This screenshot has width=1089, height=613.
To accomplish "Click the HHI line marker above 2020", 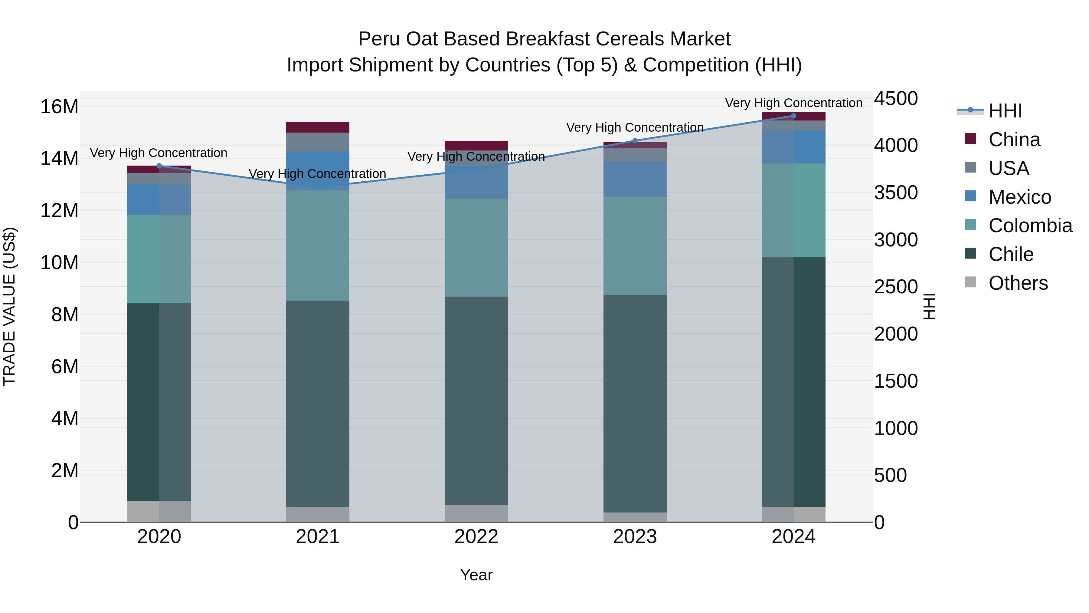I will [159, 166].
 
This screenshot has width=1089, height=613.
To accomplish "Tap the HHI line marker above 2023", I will [635, 141].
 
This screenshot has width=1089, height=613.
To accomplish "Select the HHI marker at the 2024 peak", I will [793, 116].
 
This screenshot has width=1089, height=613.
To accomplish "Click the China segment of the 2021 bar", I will [318, 127].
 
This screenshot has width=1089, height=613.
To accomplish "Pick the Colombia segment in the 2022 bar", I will [476, 248].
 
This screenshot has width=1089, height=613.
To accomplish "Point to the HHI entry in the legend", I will [1005, 111].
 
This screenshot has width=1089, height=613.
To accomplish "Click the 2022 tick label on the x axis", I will [476, 537].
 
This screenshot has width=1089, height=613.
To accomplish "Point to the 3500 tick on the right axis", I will [895, 193].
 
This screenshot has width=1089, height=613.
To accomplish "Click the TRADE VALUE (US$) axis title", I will [9, 306].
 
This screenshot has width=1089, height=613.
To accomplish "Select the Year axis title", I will [476, 575].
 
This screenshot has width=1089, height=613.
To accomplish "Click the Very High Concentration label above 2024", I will [793, 103].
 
